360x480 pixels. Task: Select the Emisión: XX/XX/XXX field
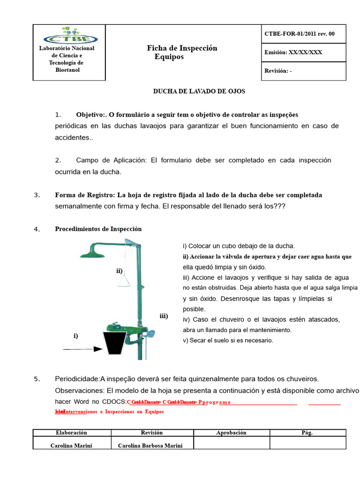293,52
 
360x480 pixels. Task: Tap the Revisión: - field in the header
278,71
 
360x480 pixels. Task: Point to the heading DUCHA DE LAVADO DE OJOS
199,91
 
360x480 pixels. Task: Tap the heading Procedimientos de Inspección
98,229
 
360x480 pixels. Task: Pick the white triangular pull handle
125,280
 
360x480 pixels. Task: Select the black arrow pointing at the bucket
82,349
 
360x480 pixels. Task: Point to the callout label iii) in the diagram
163,316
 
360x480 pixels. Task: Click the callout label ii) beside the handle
120,270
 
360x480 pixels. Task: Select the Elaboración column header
71,433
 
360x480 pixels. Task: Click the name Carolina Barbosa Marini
150,446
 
